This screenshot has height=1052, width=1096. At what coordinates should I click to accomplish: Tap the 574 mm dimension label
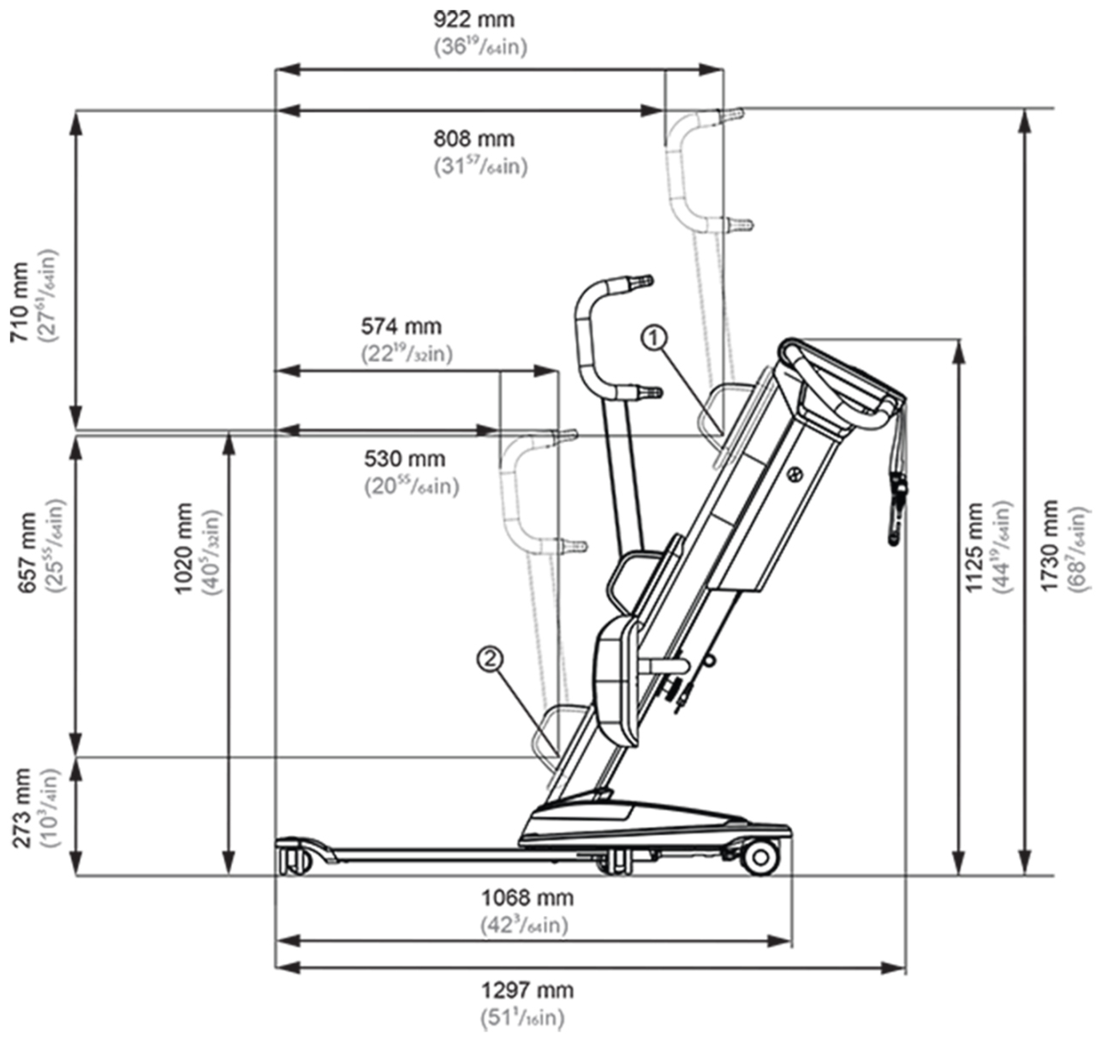[x=401, y=326]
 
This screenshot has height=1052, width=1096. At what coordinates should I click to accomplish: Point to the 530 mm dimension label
[x=405, y=459]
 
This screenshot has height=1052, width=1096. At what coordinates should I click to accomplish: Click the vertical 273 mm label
[x=23, y=807]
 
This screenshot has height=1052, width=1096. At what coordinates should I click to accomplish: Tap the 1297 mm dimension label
[x=527, y=990]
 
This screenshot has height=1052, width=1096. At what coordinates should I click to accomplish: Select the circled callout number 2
[x=490, y=658]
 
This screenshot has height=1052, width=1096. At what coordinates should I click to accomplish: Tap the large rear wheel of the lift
[x=759, y=857]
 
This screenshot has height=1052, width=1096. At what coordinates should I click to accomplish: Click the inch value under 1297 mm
[x=522, y=1018]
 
